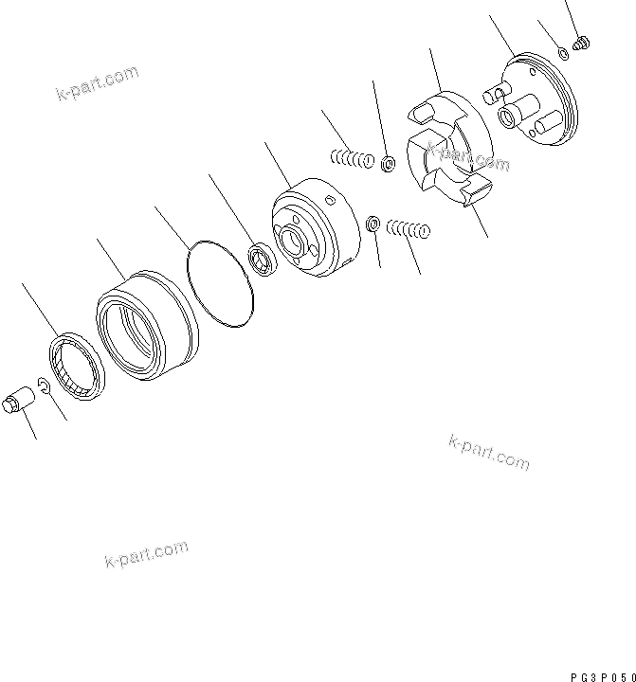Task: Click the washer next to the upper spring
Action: [x=389, y=166]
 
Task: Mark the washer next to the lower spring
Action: [x=373, y=224]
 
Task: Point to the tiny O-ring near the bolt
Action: [x=563, y=54]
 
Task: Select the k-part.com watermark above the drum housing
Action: [x=98, y=83]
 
